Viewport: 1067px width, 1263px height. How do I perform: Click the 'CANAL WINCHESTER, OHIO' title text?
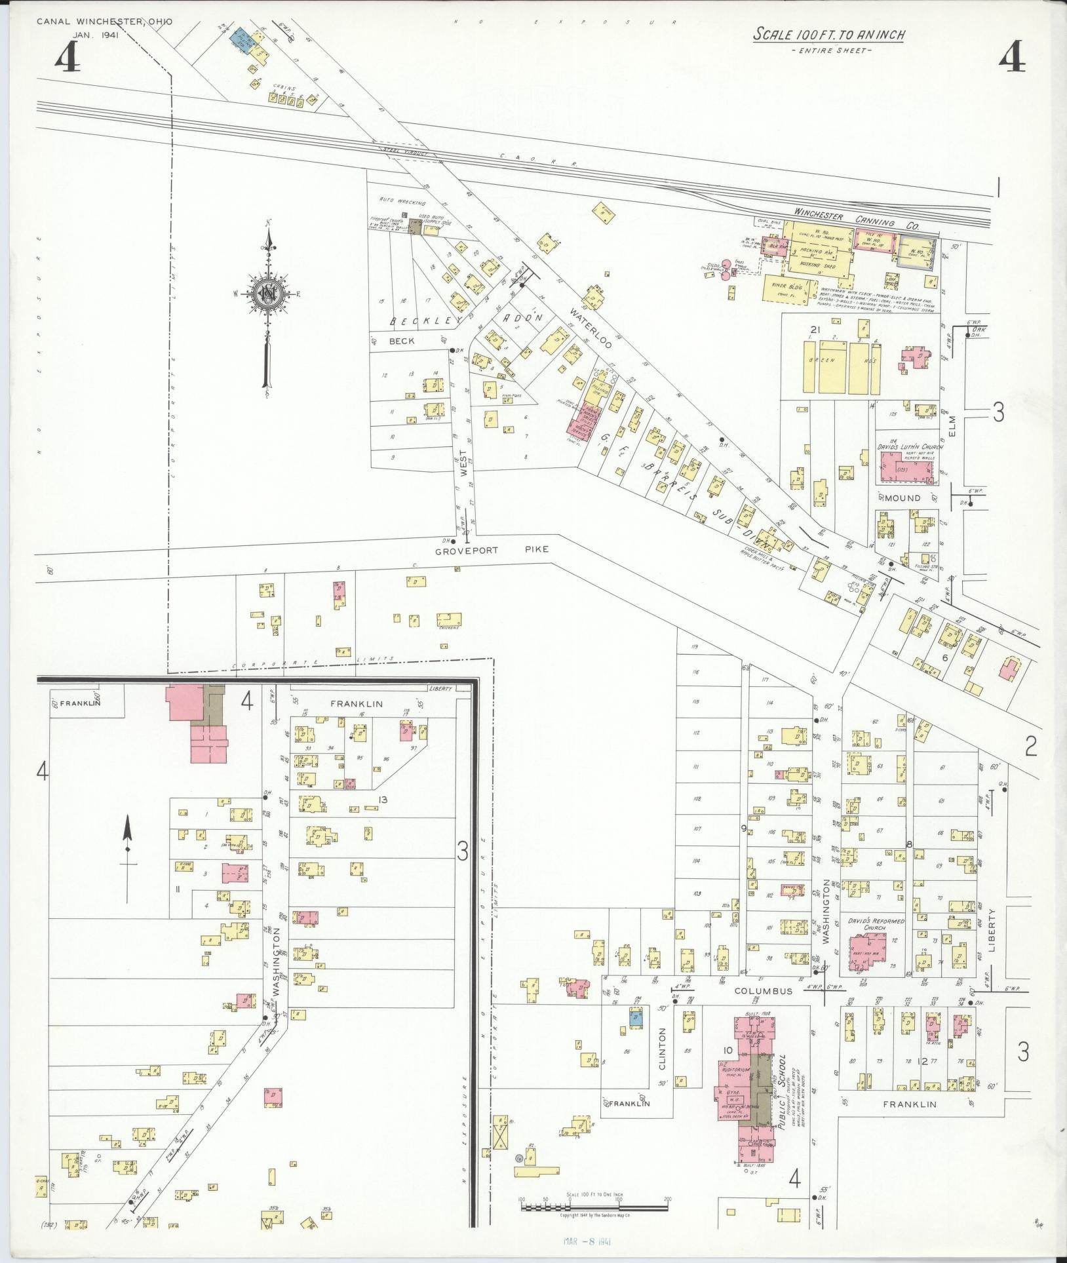tap(104, 22)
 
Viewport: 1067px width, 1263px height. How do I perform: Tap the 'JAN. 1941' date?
tap(96, 35)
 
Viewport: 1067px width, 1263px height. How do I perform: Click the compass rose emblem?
tap(267, 293)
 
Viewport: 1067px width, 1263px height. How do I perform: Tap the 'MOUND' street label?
tap(902, 498)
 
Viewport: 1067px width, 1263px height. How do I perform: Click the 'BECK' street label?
tap(402, 341)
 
